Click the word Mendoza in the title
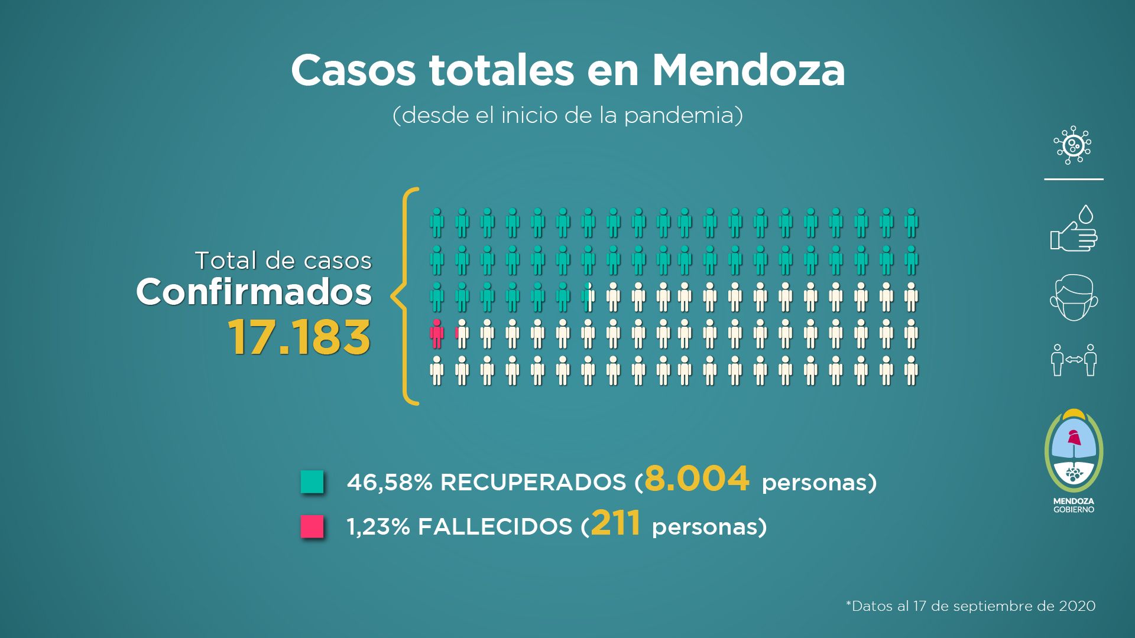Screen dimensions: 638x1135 click(748, 71)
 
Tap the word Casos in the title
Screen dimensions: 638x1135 click(354, 71)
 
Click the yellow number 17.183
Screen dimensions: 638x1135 click(299, 337)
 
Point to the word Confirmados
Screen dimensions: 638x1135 click(254, 292)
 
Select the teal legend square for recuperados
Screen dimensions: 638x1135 click(312, 481)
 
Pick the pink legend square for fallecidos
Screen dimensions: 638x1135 click(312, 526)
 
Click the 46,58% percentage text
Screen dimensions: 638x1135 click(390, 483)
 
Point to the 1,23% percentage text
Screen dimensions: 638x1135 click(378, 527)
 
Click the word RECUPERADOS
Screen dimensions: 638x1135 click(533, 483)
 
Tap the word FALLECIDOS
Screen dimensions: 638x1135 click(495, 527)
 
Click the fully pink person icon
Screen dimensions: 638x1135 click(437, 334)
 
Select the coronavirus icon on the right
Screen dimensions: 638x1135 click(1072, 145)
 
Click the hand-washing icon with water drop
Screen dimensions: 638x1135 click(1074, 229)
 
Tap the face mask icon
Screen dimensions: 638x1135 click(1074, 298)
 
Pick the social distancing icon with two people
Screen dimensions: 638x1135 click(1074, 360)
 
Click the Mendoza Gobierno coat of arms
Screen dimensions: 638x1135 click(1074, 452)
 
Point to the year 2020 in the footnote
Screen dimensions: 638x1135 click(1077, 606)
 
